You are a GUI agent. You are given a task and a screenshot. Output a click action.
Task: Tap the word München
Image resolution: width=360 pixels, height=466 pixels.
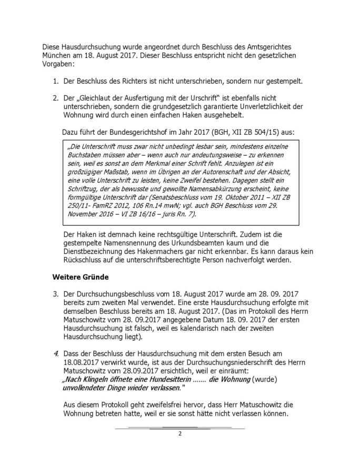(x=59, y=56)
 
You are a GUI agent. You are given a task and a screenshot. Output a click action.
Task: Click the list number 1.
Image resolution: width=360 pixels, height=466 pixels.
(x=55, y=82)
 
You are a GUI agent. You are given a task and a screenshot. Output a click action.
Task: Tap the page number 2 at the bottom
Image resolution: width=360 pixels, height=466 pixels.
(x=179, y=434)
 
